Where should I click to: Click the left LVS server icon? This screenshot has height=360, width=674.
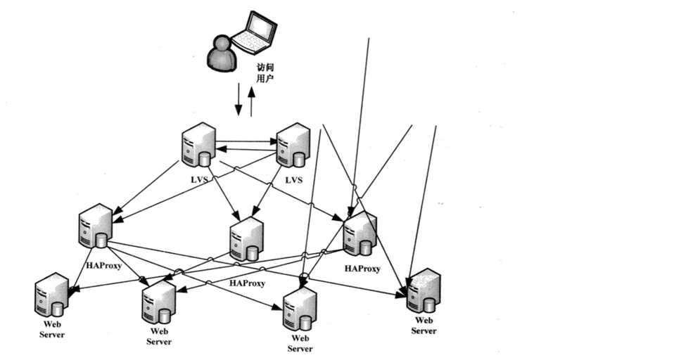coord(198,145)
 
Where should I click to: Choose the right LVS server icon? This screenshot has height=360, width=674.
coord(293,145)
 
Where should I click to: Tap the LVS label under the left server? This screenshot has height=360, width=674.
coord(198,181)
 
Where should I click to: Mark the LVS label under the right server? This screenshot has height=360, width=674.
coord(293,181)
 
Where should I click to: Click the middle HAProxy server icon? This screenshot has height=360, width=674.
coord(246,239)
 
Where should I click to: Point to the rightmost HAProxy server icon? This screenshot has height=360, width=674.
coord(360,234)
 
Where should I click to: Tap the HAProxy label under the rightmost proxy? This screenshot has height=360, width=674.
coord(362,269)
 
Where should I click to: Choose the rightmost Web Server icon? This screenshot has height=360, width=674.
coord(424,290)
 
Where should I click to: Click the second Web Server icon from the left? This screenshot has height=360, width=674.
coord(159,302)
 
